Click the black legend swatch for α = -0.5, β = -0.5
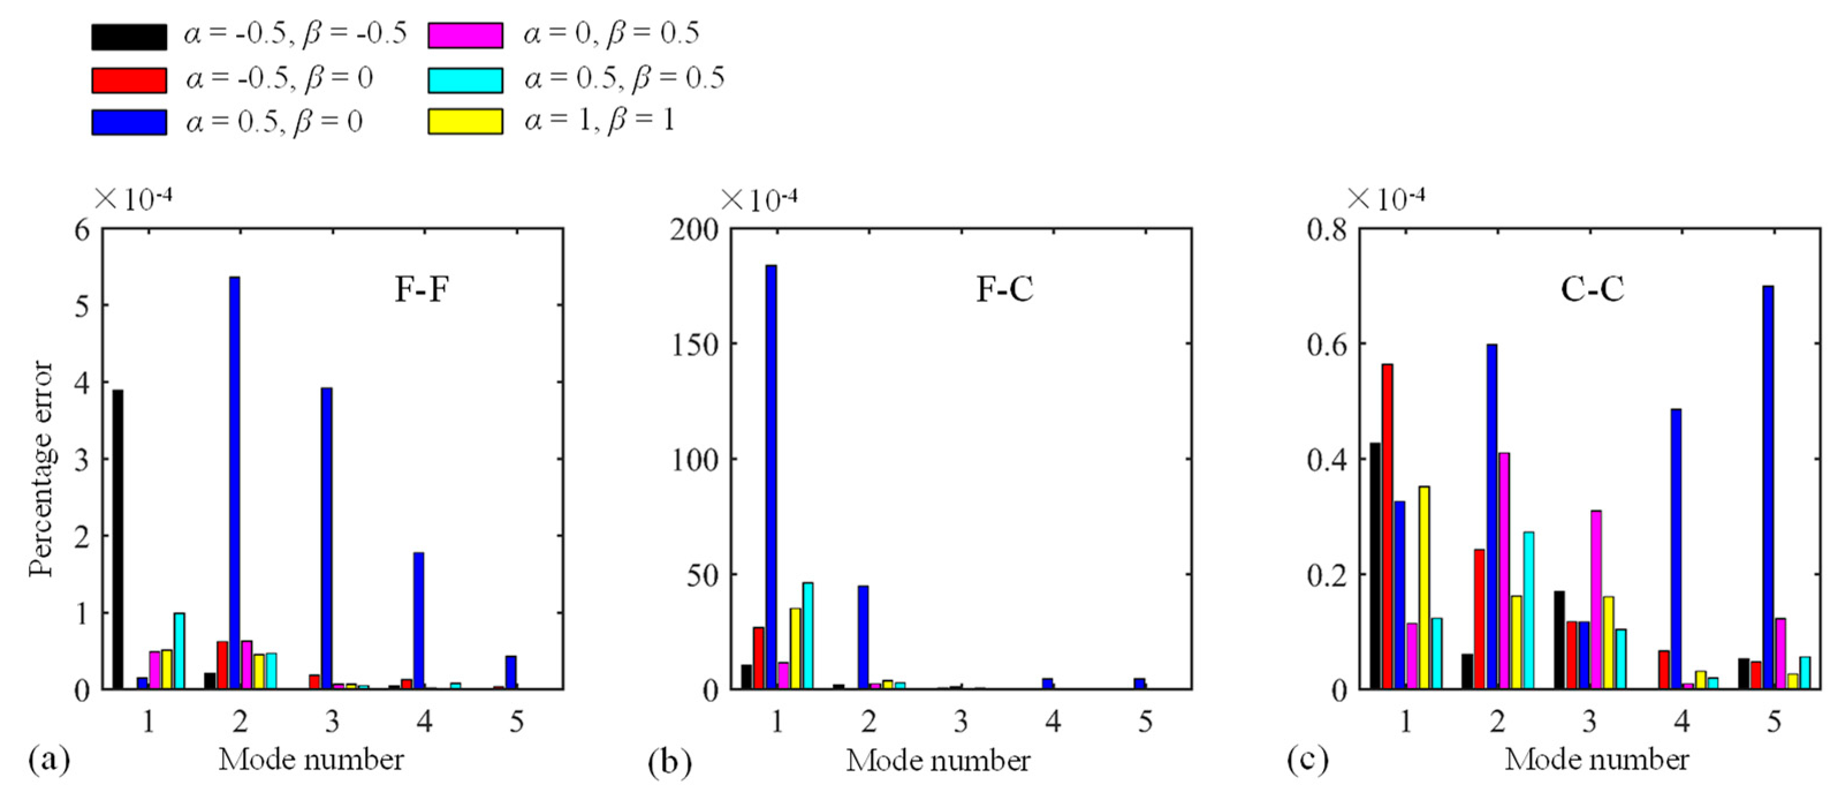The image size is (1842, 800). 129,36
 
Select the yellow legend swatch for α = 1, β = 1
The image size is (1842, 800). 465,121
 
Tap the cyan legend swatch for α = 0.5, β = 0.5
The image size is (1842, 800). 465,80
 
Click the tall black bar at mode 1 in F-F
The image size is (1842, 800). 118,539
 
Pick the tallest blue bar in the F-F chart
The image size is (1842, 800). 234,483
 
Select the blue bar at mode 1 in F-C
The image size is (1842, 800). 771,477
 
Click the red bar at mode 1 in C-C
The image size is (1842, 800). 1387,527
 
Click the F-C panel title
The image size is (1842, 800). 1005,290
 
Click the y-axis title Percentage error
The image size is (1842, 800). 41,469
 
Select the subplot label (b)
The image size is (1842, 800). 669,763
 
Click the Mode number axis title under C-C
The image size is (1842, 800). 1597,760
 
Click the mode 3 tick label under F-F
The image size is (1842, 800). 332,722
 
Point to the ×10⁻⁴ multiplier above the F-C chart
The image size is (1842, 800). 759,199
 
